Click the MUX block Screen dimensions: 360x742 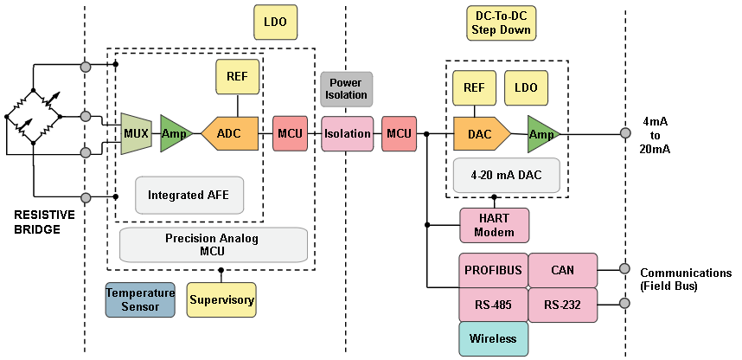pos(136,133)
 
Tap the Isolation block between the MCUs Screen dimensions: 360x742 pos(348,133)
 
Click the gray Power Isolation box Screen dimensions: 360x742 pos(347,89)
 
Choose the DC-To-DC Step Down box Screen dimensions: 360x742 pos(501,23)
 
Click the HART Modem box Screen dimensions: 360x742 pos(494,224)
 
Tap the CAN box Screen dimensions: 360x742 pos(562,270)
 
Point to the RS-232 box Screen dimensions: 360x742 pos(562,305)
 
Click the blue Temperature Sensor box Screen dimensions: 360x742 pos(140,299)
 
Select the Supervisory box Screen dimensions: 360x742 pos(221,299)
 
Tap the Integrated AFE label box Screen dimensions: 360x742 pos(189,195)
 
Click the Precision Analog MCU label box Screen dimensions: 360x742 pos(214,245)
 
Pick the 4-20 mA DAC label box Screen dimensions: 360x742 pos(506,175)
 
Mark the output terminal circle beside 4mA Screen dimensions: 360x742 pos(624,133)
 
